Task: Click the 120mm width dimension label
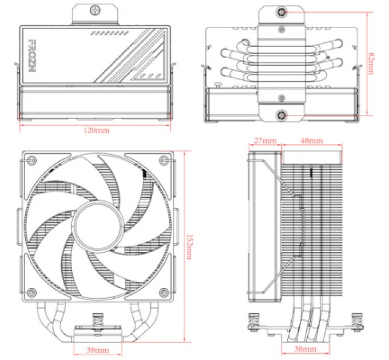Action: coord(96,130)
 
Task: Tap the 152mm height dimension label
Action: coord(189,244)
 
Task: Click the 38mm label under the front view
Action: coord(98,349)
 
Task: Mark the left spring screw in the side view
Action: coord(253,322)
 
